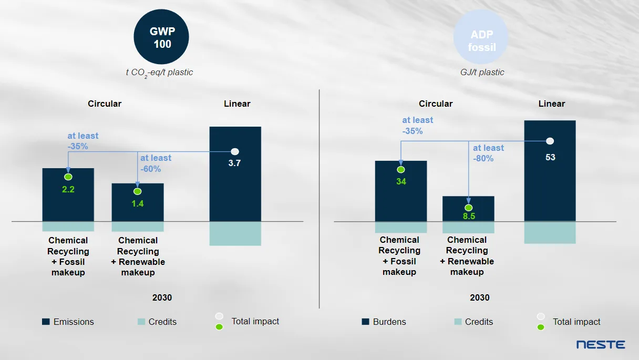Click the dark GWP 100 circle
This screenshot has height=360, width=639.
tap(161, 37)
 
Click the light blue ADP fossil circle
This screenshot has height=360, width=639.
tap(481, 37)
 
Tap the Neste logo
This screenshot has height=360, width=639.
tap(601, 344)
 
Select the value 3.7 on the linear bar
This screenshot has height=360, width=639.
tap(234, 163)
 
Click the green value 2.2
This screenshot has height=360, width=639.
tap(68, 189)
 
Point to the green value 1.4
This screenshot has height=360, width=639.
tap(138, 204)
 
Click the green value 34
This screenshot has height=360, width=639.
tap(401, 181)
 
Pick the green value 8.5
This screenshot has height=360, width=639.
tap(469, 216)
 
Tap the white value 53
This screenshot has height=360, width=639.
tap(550, 157)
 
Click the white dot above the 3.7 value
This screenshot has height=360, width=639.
tap(235, 151)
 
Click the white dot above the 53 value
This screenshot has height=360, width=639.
tap(550, 141)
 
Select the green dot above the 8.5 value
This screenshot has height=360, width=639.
tap(468, 208)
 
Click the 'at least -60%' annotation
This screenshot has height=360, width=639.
tap(156, 163)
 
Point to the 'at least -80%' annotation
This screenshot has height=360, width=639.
tap(488, 153)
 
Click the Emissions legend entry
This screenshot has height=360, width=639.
tap(68, 322)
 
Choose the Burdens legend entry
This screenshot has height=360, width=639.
tap(384, 322)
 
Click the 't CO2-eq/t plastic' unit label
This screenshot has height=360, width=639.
tap(159, 73)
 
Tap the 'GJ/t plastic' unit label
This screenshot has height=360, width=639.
tap(482, 73)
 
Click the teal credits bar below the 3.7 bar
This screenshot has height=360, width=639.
tap(235, 234)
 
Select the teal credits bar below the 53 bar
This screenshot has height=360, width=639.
tap(550, 233)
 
